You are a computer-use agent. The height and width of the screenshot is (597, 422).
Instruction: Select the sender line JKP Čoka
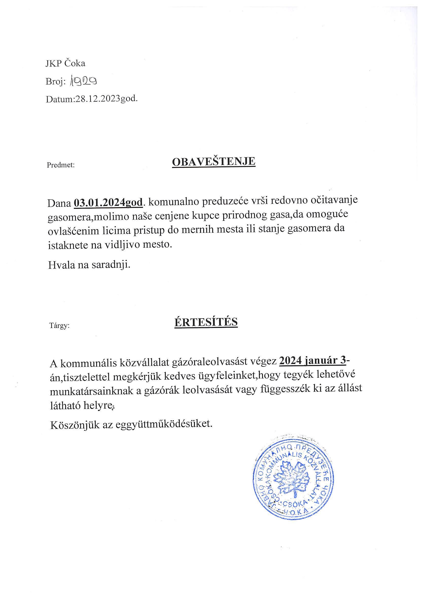65,63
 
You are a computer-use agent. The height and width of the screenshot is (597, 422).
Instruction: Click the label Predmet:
61,165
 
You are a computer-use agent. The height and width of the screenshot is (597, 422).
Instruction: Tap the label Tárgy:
60,325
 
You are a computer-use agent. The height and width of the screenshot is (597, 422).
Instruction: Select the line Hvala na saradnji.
89,265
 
